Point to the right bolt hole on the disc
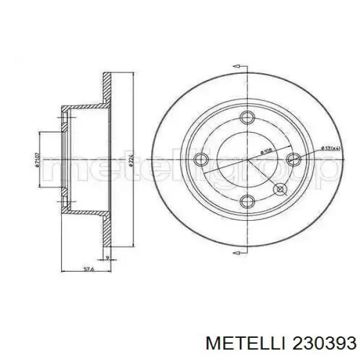click(292, 158)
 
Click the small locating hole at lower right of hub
click(280, 189)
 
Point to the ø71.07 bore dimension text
click(37, 160)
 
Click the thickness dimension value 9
click(106, 241)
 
